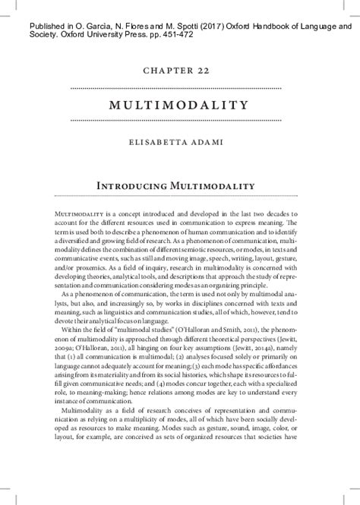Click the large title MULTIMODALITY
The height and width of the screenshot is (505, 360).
click(179, 104)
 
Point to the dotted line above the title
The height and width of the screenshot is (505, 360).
click(179, 88)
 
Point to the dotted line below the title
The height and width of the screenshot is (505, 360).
click(179, 120)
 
